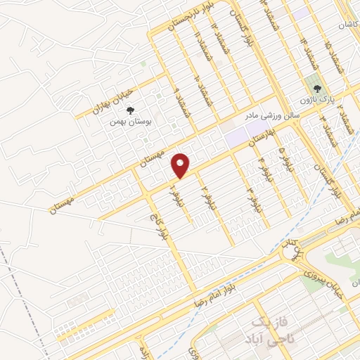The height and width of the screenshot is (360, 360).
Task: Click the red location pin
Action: tap(181, 165)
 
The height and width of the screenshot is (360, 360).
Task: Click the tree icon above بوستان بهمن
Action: tap(129, 110)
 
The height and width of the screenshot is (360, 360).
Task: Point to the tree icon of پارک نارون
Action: tap(318, 89)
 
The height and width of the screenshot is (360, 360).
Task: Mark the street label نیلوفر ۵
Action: tap(283, 153)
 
